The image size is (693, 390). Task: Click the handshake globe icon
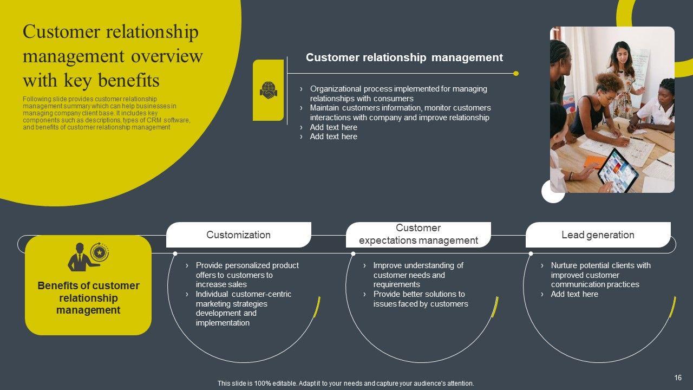click(x=268, y=90)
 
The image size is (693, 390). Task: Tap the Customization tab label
click(x=238, y=235)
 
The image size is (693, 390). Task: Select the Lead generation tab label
click(x=598, y=235)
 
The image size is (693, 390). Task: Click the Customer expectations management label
click(x=418, y=234)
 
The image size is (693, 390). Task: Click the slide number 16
click(x=678, y=378)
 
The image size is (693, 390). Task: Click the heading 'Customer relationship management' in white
click(x=404, y=57)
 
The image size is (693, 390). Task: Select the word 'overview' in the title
click(x=167, y=56)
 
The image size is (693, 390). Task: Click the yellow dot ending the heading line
click(x=516, y=73)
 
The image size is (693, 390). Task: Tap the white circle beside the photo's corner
click(x=553, y=192)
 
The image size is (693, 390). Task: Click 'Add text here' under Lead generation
click(x=574, y=294)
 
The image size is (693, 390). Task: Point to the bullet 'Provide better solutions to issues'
click(x=420, y=299)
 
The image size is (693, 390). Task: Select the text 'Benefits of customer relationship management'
click(x=88, y=298)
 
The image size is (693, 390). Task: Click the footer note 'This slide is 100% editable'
click(x=345, y=383)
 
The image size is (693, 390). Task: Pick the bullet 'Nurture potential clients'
click(x=600, y=275)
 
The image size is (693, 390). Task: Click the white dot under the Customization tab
click(x=175, y=253)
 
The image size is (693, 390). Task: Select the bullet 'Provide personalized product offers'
click(x=247, y=275)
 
